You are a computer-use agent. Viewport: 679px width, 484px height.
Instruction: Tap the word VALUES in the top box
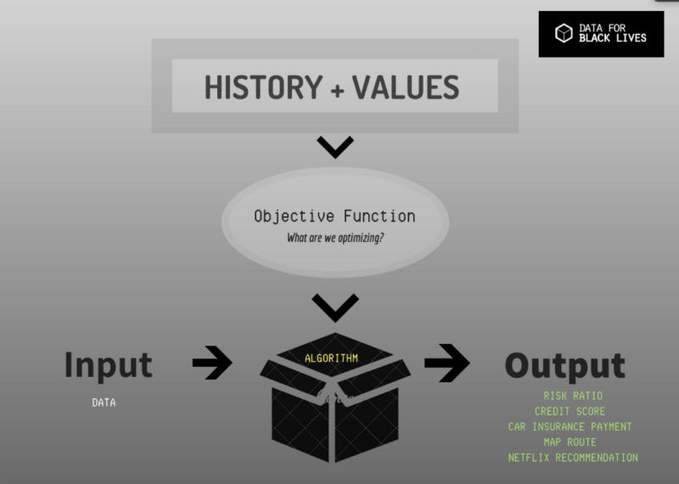click(406, 87)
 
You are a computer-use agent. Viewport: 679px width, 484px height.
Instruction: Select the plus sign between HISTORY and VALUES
click(337, 88)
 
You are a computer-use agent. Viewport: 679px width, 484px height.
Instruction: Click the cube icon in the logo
click(564, 33)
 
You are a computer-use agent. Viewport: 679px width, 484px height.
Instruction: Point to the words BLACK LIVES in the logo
click(612, 38)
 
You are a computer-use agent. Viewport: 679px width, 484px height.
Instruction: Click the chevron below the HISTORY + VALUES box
click(335, 148)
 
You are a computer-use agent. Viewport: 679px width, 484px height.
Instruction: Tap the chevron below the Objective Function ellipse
click(335, 307)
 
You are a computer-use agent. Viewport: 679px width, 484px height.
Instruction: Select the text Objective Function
click(334, 216)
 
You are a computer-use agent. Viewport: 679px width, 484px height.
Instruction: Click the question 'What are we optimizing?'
click(334, 238)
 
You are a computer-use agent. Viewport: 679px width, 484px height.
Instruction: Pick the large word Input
click(108, 364)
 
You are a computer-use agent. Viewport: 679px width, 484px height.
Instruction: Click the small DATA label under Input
click(104, 402)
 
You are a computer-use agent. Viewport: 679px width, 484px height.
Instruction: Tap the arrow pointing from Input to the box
click(212, 363)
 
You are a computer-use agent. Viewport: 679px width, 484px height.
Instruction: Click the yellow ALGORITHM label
click(331, 358)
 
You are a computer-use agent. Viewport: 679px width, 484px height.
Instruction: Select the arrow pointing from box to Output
click(446, 363)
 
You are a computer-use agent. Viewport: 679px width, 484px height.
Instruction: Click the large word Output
click(564, 365)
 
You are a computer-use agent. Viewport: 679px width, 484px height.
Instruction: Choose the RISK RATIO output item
click(573, 396)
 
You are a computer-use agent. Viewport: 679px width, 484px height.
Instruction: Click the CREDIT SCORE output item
click(570, 411)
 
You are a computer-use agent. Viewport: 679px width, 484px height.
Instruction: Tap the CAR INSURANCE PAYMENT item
click(570, 426)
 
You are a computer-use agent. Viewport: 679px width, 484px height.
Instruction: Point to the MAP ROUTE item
click(570, 442)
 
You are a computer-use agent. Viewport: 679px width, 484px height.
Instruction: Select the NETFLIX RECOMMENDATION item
click(573, 458)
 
